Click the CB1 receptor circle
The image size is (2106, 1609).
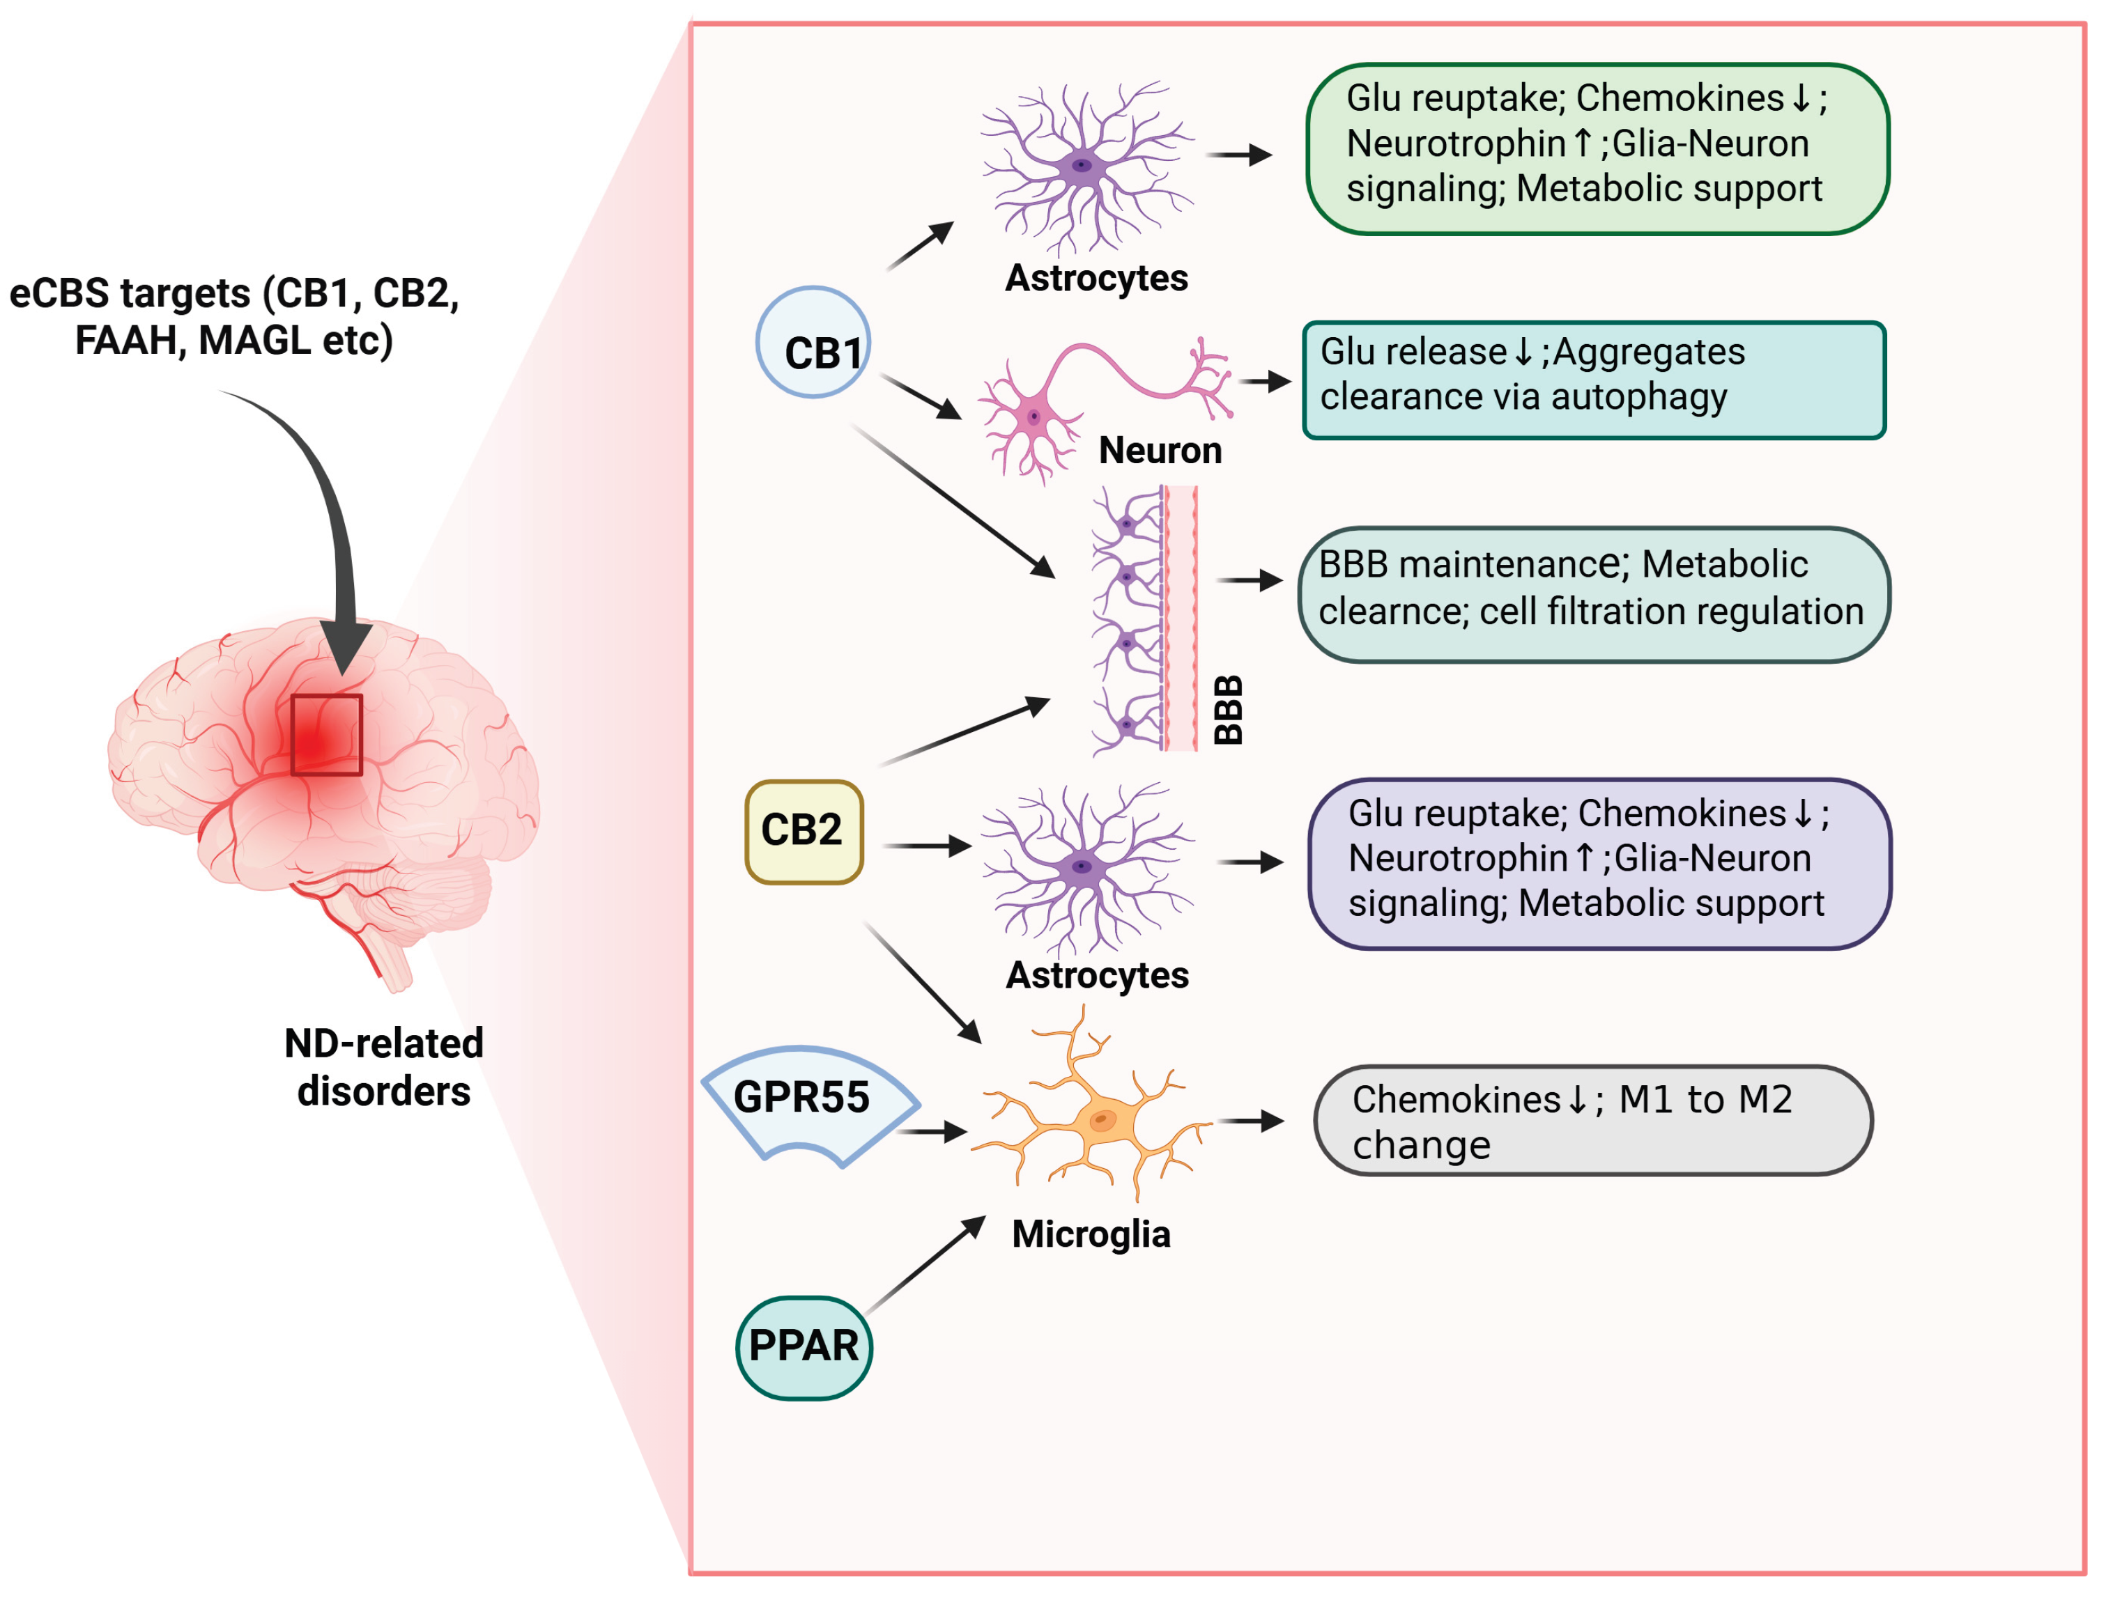click(x=813, y=342)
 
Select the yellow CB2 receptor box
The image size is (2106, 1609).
click(x=804, y=832)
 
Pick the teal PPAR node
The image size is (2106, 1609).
click(x=804, y=1348)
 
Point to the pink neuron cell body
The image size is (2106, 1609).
click(x=1033, y=417)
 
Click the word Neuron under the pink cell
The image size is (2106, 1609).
click(x=1160, y=450)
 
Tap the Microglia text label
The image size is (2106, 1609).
click(x=1091, y=1234)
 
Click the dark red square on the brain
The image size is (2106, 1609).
click(x=327, y=735)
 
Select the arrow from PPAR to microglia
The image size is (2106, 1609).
click(x=925, y=1264)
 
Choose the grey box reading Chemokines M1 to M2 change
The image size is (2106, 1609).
click(x=1592, y=1121)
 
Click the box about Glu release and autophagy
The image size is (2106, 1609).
click(x=1592, y=380)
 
